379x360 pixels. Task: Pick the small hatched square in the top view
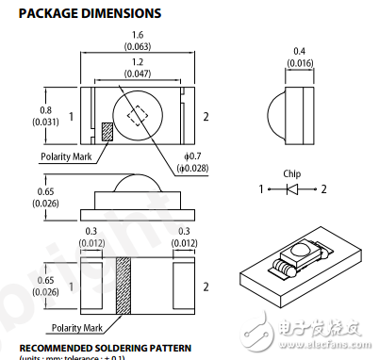pos(106,132)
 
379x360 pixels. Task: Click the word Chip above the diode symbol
pos(291,173)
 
